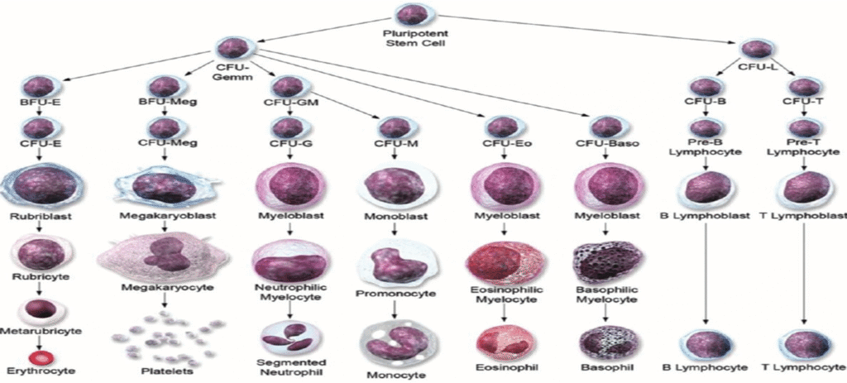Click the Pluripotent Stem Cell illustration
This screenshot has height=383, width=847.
click(x=411, y=14)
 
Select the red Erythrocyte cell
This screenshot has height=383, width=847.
click(x=39, y=358)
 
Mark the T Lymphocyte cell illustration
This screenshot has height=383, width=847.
click(x=804, y=343)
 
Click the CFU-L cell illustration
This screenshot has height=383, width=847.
click(x=756, y=49)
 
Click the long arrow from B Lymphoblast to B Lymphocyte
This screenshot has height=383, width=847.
click(x=706, y=273)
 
